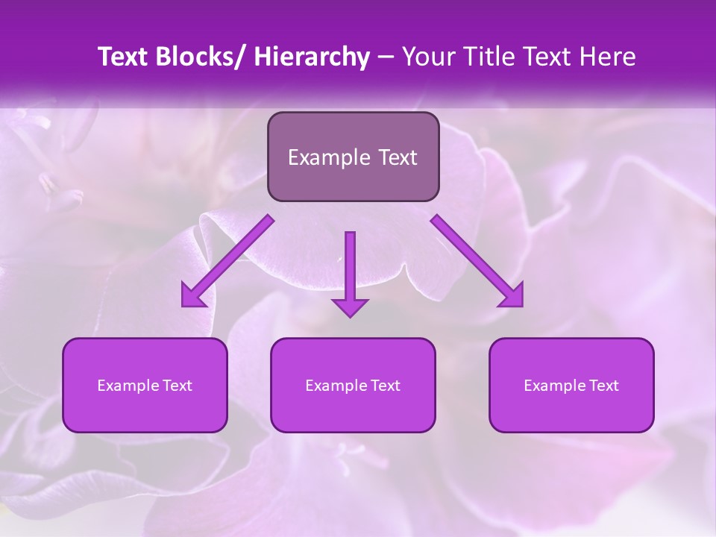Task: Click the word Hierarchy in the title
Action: pyautogui.click(x=312, y=57)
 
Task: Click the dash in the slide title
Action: pyautogui.click(x=386, y=57)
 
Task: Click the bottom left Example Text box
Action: pyautogui.click(x=145, y=386)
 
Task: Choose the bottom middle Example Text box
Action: pyautogui.click(x=353, y=386)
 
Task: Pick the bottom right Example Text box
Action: pyautogui.click(x=571, y=386)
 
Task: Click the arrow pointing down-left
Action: pyautogui.click(x=227, y=261)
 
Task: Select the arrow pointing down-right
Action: pyautogui.click(x=477, y=261)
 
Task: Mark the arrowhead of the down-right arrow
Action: pyautogui.click(x=512, y=296)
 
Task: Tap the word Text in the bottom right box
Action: pyautogui.click(x=603, y=386)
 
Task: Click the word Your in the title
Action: pyautogui.click(x=426, y=57)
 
